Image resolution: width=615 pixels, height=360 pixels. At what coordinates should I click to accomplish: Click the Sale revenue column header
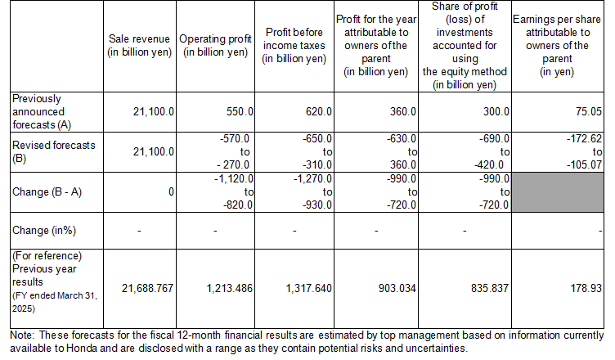tap(140, 46)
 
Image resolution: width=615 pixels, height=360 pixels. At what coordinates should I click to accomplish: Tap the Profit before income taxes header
tap(295, 46)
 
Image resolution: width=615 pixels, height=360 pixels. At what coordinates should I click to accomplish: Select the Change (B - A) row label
tap(47, 192)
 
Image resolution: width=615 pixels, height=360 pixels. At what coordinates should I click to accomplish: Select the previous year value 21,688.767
tap(147, 289)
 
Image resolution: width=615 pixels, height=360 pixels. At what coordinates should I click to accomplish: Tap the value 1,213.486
tap(227, 289)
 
